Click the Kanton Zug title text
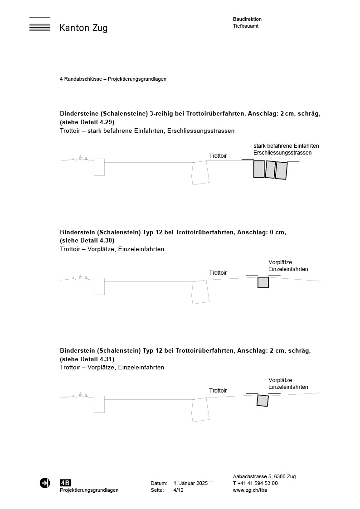pyautogui.click(x=83, y=28)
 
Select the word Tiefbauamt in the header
pyautogui.click(x=246, y=26)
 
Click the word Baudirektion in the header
pyautogui.click(x=247, y=19)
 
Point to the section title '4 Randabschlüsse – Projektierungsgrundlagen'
pyautogui.click(x=113, y=79)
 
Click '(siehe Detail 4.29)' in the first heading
pyautogui.click(x=87, y=122)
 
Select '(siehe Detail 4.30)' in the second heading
pyautogui.click(x=87, y=240)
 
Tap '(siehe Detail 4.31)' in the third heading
pyautogui.click(x=87, y=359)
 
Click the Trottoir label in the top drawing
pyautogui.click(x=218, y=156)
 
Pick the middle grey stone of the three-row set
pyautogui.click(x=270, y=170)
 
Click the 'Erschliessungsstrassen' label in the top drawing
pyautogui.click(x=282, y=153)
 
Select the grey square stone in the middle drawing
pyautogui.click(x=263, y=282)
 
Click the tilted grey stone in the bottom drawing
pyautogui.click(x=263, y=400)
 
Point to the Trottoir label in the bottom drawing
pyautogui.click(x=218, y=391)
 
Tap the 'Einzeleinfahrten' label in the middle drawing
pyautogui.click(x=288, y=269)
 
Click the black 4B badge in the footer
pyautogui.click(x=65, y=483)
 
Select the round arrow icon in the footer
pyautogui.click(x=45, y=483)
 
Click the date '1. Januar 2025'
pyautogui.click(x=190, y=483)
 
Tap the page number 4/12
pyautogui.click(x=179, y=490)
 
